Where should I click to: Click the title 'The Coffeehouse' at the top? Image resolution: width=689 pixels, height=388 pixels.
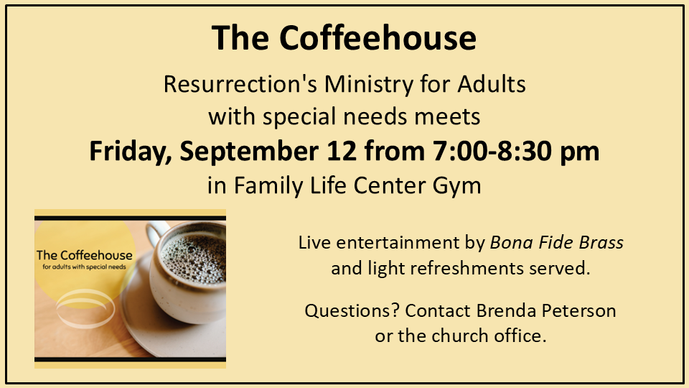[x=344, y=38]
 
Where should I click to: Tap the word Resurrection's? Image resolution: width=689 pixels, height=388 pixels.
[x=240, y=84]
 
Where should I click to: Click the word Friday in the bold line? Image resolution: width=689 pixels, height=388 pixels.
[x=131, y=152]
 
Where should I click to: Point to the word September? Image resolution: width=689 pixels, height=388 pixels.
[x=249, y=152]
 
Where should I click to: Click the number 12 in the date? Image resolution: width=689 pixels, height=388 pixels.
[x=342, y=151]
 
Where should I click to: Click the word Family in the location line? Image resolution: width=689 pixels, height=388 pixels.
[x=268, y=185]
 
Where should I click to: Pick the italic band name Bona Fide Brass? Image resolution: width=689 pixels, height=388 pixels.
[x=557, y=242]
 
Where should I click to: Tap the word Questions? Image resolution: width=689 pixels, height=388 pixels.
[x=352, y=310]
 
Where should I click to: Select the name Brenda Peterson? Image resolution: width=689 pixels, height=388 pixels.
[x=546, y=310]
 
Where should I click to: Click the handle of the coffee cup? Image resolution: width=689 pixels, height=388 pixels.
[x=156, y=232]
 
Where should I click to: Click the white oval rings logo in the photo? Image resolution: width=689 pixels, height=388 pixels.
[x=85, y=308]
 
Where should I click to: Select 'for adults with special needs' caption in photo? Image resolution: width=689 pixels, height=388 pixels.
[x=85, y=267]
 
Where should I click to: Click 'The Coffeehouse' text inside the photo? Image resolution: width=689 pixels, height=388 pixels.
[x=85, y=255]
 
